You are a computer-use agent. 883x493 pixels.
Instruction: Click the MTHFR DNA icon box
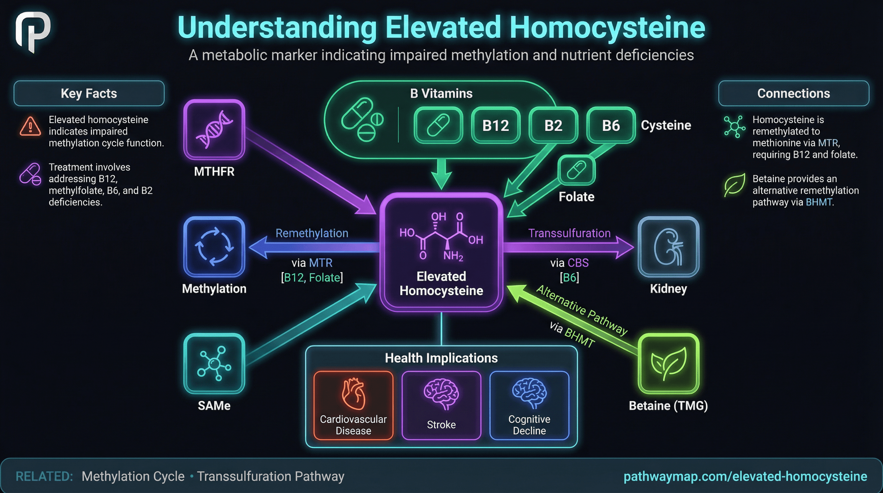point(214,129)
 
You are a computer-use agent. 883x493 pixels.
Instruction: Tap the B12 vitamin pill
point(495,125)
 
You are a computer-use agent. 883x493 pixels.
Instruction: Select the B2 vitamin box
point(553,125)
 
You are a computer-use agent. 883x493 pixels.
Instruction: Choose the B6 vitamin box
point(611,125)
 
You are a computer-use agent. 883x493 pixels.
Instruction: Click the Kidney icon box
point(668,246)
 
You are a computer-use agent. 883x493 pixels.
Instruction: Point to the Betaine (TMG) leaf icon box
point(668,363)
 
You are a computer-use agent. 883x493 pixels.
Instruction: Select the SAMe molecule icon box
point(214,363)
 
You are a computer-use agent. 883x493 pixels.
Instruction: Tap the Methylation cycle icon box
point(214,246)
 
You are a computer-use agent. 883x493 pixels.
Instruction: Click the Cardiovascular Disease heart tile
point(353,405)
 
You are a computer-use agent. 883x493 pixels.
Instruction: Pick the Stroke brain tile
point(441,405)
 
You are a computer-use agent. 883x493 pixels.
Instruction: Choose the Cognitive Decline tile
point(529,405)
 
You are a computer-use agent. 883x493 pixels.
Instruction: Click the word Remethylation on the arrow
point(312,233)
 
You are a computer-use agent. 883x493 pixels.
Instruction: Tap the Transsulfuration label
point(569,233)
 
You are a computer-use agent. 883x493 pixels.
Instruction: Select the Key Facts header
point(89,93)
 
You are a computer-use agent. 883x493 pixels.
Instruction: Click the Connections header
point(793,93)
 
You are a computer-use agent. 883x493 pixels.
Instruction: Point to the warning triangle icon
point(30,127)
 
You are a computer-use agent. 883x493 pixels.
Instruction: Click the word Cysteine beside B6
point(666,125)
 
